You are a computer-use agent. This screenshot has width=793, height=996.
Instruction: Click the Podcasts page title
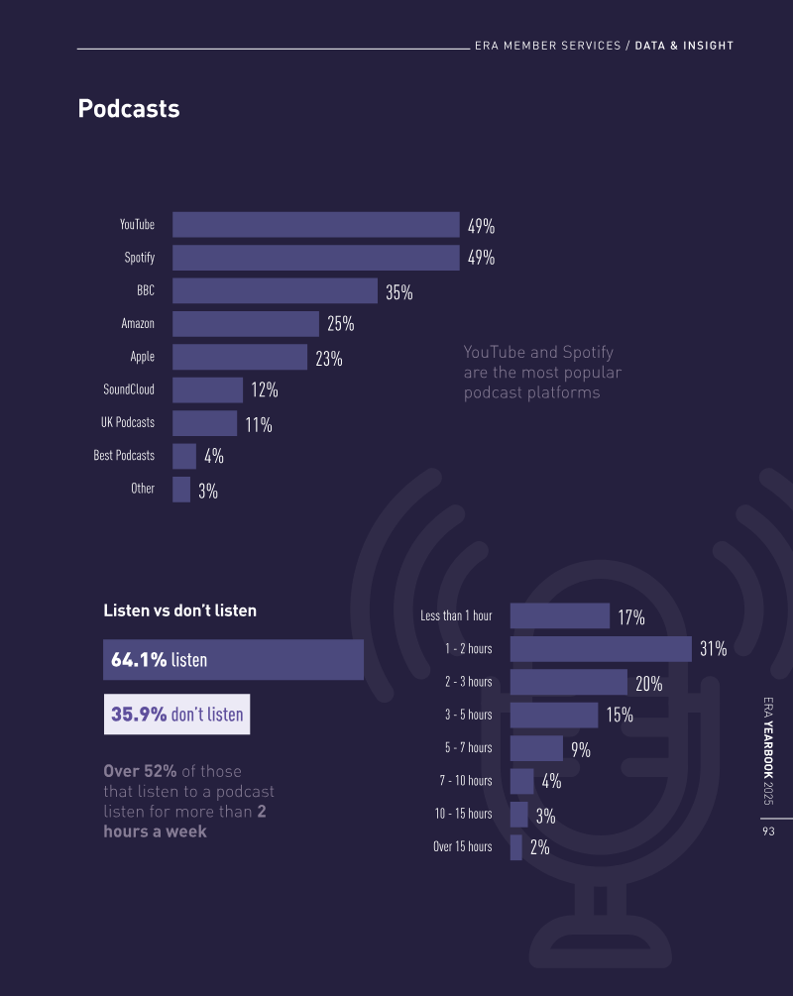(129, 109)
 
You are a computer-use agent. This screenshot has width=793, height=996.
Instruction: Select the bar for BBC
(275, 290)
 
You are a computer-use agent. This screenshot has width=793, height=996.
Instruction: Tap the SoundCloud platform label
(129, 389)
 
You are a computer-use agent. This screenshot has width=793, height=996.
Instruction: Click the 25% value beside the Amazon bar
(340, 324)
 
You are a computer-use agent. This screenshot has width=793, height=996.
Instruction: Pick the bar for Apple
(240, 357)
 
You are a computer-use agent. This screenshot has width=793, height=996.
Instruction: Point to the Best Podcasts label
(124, 456)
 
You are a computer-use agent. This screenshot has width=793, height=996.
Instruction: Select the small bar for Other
(181, 490)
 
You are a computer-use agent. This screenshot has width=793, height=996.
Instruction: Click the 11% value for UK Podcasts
(259, 425)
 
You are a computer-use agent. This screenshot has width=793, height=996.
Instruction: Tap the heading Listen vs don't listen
(179, 610)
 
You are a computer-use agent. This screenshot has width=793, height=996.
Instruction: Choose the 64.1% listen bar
(233, 660)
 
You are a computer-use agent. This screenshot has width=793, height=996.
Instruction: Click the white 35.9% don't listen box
(176, 714)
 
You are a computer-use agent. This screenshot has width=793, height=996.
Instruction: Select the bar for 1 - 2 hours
(600, 649)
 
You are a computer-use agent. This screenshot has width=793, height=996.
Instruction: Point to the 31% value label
(713, 650)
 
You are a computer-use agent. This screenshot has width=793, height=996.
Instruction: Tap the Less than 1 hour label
(456, 615)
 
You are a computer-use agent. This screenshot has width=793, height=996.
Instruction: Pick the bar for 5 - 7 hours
(536, 748)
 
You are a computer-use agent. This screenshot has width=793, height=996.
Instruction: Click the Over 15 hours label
(462, 846)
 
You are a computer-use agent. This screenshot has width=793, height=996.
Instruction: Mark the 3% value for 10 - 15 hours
(545, 817)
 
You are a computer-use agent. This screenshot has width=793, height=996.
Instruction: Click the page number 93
(768, 832)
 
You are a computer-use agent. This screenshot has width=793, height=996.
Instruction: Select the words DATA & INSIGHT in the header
(684, 46)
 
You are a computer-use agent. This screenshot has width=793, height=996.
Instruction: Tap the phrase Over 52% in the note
(140, 771)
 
